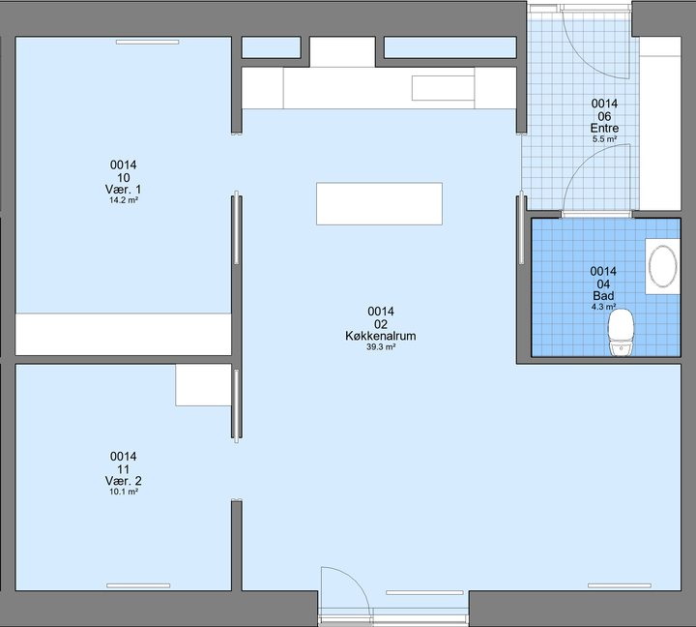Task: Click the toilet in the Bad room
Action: tap(622, 333)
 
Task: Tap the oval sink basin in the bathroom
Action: tap(662, 266)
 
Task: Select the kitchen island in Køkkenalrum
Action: tap(379, 203)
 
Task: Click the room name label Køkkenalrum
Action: tap(381, 336)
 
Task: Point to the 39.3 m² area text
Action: tap(381, 347)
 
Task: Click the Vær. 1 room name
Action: tap(124, 190)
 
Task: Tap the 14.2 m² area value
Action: tap(124, 200)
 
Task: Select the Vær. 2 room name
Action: tap(124, 481)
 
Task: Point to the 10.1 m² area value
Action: tap(124, 492)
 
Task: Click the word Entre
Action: tap(604, 128)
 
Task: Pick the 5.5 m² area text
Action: tap(604, 139)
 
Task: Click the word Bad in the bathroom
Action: tap(603, 295)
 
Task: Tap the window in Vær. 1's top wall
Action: tap(147, 43)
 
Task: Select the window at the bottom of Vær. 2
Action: tap(138, 585)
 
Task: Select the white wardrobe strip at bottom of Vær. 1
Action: tap(124, 334)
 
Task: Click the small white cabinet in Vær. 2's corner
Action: tap(203, 385)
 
